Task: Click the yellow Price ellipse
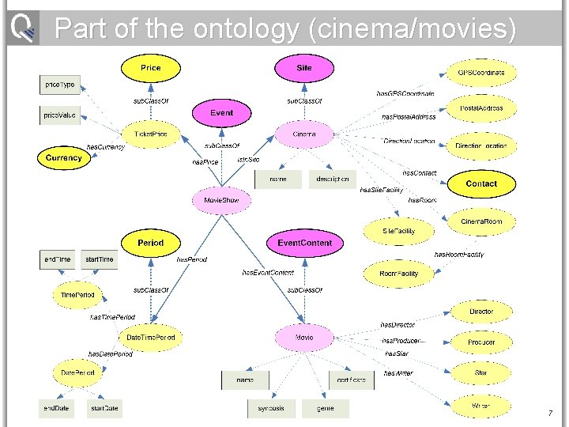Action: [x=150, y=69]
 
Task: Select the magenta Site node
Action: [x=304, y=69]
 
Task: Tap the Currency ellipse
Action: [x=64, y=158]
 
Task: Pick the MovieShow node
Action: [x=222, y=201]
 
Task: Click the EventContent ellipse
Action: [x=304, y=243]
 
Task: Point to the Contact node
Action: [x=481, y=183]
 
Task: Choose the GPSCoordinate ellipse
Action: [x=481, y=73]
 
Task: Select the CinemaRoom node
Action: [x=481, y=221]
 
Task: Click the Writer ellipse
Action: [x=481, y=406]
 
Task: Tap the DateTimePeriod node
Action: [x=151, y=338]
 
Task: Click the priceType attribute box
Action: [x=60, y=84]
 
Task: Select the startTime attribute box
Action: [x=100, y=259]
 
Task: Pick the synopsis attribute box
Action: [x=271, y=408]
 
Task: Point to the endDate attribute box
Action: [x=57, y=408]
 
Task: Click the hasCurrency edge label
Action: [x=105, y=147]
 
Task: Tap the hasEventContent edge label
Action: [x=268, y=273]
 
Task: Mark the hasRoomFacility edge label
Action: [x=459, y=255]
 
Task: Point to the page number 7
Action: [x=550, y=414]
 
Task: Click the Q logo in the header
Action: [x=22, y=28]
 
